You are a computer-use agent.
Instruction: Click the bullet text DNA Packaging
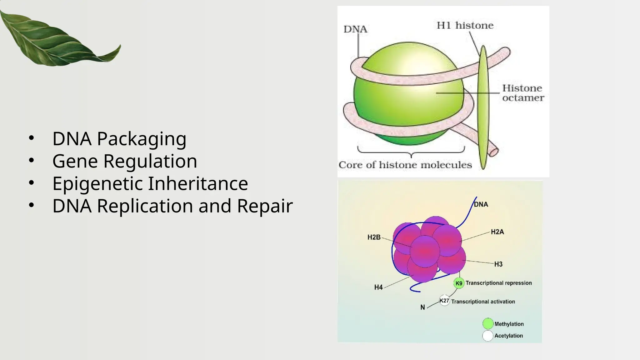(119, 138)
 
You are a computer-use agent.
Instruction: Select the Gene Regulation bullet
(124, 161)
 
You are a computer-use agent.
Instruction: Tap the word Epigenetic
(97, 183)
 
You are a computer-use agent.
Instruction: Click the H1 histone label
(465, 25)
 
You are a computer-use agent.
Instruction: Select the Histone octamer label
(523, 93)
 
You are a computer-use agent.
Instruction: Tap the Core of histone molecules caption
(405, 165)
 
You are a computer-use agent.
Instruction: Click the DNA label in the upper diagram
(355, 29)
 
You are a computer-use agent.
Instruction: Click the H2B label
(374, 237)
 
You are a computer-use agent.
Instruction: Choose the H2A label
(497, 232)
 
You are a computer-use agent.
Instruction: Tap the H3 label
(498, 264)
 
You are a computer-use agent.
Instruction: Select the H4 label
(378, 287)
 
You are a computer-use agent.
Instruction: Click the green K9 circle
(459, 283)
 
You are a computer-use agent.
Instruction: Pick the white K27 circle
(444, 301)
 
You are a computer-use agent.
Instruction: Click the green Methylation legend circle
(488, 324)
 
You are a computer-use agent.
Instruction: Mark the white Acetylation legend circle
(488, 336)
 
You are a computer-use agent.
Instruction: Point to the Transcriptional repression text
(498, 283)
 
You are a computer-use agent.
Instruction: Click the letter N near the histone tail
(422, 307)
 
